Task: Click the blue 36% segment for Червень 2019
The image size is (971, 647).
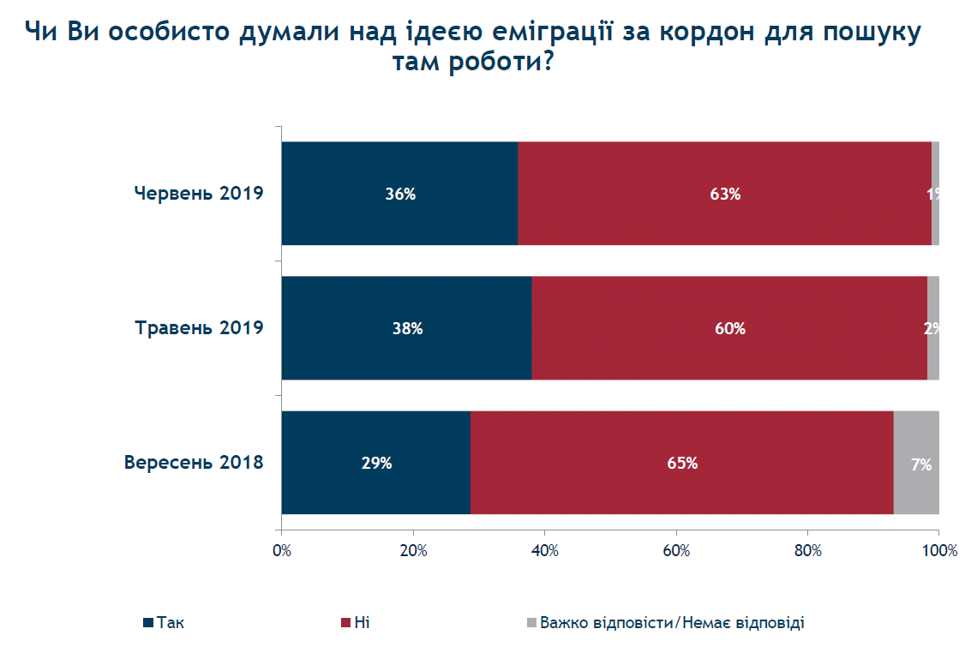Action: [399, 194]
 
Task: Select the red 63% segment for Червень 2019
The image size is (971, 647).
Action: [724, 194]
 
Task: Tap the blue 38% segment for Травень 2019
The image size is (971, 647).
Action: [406, 328]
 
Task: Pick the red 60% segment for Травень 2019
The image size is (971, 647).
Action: [729, 328]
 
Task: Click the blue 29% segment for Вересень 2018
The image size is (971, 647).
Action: [375, 463]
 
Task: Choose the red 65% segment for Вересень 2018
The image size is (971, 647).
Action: [681, 463]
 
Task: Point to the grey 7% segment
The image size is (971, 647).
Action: [917, 463]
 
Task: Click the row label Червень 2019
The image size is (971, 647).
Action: [198, 193]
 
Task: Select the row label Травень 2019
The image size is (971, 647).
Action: [199, 327]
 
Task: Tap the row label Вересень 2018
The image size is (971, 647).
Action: [194, 463]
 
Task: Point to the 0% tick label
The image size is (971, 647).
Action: [282, 550]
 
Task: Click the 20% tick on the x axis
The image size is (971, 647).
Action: [413, 550]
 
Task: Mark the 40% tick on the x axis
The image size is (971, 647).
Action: [545, 550]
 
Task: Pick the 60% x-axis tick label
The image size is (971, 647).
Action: [676, 550]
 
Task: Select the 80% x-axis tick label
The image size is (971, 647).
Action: [808, 550]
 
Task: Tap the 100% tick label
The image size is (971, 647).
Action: [940, 550]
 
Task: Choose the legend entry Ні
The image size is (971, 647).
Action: [361, 623]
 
